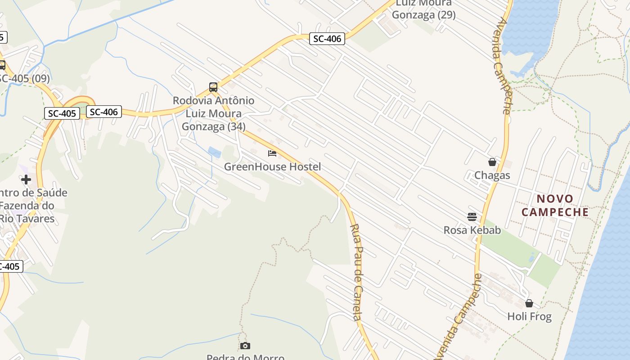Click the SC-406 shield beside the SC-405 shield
pos(104,112)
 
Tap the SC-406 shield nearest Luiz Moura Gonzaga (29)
pos(327,39)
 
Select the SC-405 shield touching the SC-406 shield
pos(62,113)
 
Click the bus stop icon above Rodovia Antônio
pos(213,87)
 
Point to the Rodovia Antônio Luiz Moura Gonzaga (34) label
pos(214,113)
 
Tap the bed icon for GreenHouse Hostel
pos(272,154)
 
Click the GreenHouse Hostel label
pos(273,167)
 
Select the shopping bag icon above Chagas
pos(492,162)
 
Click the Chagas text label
pos(492,175)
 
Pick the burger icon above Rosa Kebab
pos(472,217)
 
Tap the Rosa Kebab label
pos(472,230)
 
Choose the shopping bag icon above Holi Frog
pos(529,303)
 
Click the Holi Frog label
pos(529,316)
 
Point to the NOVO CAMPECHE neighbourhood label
pos(555,205)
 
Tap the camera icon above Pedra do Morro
pos(245,346)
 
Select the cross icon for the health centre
pos(26,180)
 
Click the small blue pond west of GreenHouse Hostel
pos(215,152)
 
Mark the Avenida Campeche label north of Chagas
pos(504,66)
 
